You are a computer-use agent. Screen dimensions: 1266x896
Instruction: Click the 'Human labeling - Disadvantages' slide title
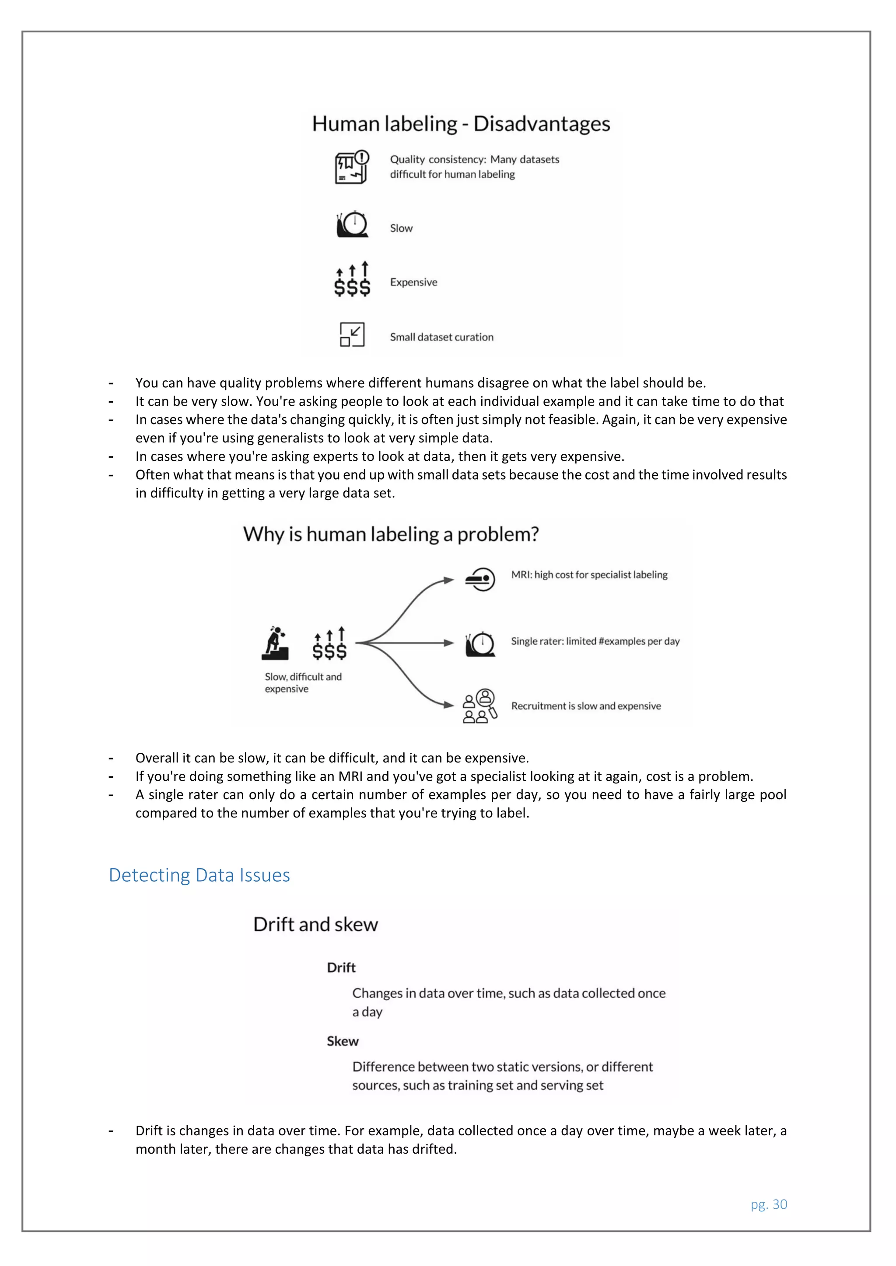461,124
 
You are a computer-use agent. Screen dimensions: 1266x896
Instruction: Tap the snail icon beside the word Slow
352,224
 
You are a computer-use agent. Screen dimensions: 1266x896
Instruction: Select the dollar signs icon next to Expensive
352,279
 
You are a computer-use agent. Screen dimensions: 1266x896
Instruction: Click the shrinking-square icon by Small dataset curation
352,334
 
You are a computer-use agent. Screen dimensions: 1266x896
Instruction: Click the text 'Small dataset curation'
441,337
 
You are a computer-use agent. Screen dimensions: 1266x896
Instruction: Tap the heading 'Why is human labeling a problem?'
391,534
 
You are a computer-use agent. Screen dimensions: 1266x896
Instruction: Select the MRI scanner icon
480,579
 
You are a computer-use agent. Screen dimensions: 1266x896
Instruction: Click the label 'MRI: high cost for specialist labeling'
589,574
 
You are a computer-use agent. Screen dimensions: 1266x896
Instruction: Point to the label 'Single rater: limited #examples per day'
595,641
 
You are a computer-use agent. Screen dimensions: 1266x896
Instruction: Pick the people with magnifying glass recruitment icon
479,706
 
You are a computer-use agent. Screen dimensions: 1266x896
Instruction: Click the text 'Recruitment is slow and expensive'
585,706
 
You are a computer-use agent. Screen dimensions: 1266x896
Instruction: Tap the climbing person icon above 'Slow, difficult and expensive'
275,643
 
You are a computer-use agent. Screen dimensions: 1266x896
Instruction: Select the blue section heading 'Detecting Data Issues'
199,875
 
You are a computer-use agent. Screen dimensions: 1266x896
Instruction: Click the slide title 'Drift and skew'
315,924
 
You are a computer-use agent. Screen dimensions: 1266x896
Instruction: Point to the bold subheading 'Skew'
342,1041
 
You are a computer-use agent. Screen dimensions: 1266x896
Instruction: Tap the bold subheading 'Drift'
341,968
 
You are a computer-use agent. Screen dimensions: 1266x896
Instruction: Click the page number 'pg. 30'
769,1204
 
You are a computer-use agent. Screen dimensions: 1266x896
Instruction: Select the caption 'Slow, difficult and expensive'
302,683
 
